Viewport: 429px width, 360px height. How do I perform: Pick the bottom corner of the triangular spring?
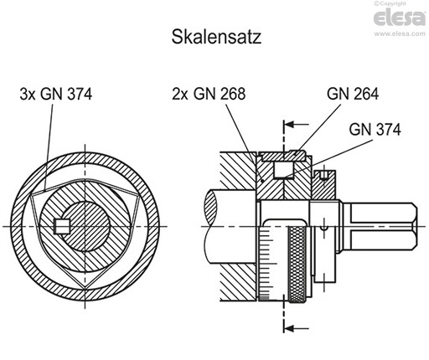click(x=88, y=301)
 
